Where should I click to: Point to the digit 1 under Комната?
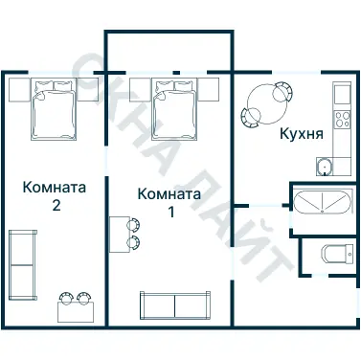171,212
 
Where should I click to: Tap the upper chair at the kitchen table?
281,91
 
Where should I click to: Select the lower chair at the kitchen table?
251,117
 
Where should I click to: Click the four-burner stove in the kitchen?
342,122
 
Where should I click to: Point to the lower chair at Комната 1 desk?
133,244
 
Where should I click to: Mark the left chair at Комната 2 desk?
66,296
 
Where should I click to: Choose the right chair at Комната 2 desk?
84,296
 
